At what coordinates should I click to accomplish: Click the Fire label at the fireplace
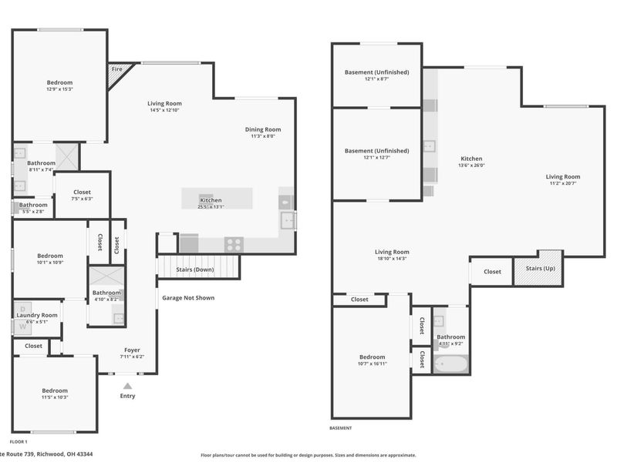pyautogui.click(x=117, y=69)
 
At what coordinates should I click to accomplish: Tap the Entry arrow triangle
pyautogui.click(x=127, y=387)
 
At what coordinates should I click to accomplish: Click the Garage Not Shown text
pyautogui.click(x=188, y=298)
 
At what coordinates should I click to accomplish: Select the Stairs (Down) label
pyautogui.click(x=195, y=270)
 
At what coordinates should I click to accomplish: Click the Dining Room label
pyautogui.click(x=263, y=129)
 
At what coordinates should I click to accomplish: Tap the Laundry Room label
pyautogui.click(x=38, y=315)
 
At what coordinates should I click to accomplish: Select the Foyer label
pyautogui.click(x=133, y=350)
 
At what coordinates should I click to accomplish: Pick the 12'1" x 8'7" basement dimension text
pyautogui.click(x=376, y=79)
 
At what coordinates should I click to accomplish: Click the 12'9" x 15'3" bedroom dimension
pyautogui.click(x=59, y=89)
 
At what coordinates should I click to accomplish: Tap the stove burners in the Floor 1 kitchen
pyautogui.click(x=234, y=245)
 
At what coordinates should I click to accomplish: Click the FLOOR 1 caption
pyautogui.click(x=19, y=442)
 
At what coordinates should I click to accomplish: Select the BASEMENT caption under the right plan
pyautogui.click(x=341, y=428)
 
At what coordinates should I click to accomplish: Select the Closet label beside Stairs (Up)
pyautogui.click(x=492, y=271)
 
